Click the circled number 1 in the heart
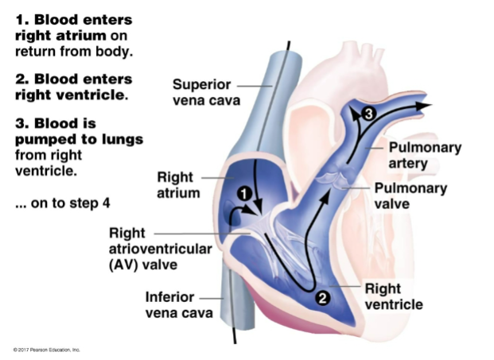(244, 193)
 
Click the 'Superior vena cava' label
(203, 92)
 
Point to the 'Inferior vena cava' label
(179, 304)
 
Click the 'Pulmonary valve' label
(410, 195)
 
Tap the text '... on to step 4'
(62, 203)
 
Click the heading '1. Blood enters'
(74, 18)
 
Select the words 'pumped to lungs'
(79, 139)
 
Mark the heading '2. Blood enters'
(74, 79)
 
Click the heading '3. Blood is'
(56, 123)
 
